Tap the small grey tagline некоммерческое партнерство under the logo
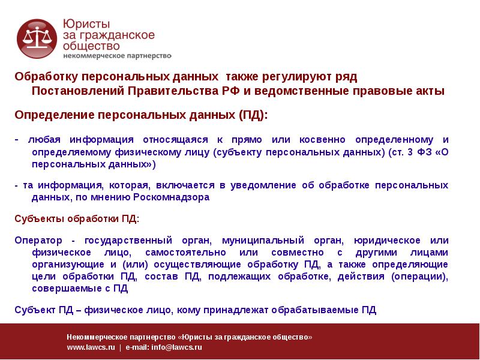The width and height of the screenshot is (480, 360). click(x=117, y=56)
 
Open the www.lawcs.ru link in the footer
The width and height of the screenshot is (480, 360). click(x=91, y=347)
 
